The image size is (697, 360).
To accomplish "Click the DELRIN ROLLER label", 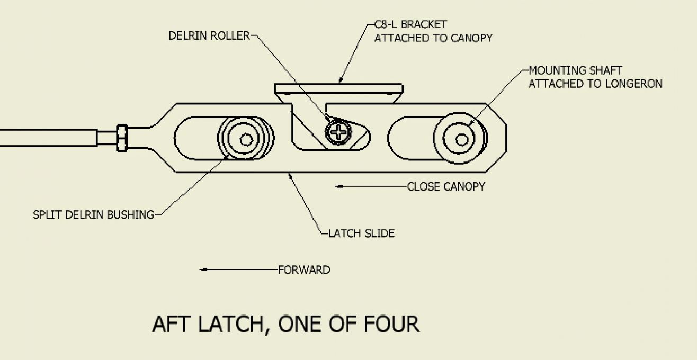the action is [x=209, y=35].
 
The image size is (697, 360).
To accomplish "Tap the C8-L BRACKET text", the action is [x=410, y=24].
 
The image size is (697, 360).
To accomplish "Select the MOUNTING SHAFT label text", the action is [x=575, y=70].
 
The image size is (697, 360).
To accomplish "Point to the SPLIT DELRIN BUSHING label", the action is [x=93, y=214].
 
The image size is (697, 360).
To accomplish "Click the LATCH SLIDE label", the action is [x=362, y=233].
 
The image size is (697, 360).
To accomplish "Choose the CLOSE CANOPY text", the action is [x=446, y=186].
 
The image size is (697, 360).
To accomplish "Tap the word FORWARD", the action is [x=304, y=270].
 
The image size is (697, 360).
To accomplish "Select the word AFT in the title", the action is [x=171, y=324].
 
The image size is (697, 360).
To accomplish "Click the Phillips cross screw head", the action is [x=338, y=133].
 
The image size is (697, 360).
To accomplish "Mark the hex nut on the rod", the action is [x=122, y=138].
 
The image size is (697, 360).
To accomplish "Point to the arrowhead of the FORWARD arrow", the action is [x=203, y=269].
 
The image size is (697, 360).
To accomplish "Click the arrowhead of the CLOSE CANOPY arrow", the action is [x=339, y=186].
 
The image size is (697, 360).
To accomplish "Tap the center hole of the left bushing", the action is [x=246, y=140].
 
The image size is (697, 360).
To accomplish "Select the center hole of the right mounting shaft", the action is [x=461, y=140].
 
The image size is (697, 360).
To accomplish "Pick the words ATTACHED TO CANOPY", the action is [x=433, y=38].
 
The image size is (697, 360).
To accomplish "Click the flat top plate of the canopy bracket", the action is [x=338, y=89].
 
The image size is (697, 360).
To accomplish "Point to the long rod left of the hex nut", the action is [x=48, y=138].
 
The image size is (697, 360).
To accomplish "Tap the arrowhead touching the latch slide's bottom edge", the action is [x=291, y=176].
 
